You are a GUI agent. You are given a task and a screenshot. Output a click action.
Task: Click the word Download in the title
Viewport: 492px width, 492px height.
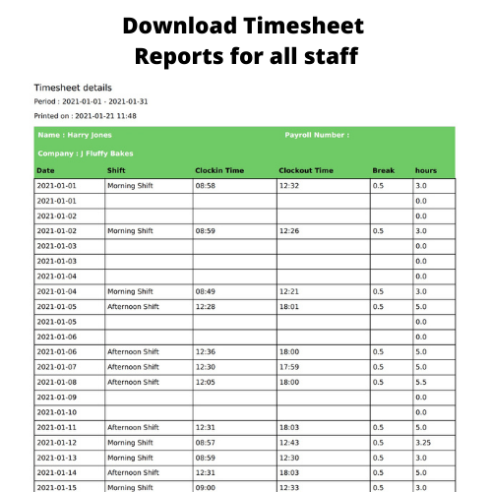point(185,24)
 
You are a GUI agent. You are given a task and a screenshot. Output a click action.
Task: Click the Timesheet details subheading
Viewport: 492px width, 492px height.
point(73,88)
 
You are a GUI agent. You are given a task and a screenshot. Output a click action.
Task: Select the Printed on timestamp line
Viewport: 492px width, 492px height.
point(85,116)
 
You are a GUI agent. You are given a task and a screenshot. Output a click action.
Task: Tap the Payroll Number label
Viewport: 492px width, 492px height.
point(316,135)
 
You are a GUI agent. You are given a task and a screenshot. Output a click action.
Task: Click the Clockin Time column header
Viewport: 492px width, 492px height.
point(219,170)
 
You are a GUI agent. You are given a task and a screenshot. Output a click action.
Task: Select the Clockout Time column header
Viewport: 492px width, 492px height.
point(306,170)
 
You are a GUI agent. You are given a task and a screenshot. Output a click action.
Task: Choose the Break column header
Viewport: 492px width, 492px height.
point(383,170)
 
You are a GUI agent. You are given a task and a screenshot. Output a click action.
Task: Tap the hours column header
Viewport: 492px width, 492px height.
point(425,170)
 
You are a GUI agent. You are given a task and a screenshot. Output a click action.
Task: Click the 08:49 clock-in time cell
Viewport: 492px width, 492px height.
point(206,291)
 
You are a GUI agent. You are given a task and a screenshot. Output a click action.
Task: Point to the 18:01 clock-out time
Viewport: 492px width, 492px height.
point(289,306)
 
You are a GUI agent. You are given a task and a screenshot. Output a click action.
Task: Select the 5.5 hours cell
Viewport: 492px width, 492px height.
point(421,382)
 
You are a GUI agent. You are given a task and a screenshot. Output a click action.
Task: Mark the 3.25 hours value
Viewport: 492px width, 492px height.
point(423,442)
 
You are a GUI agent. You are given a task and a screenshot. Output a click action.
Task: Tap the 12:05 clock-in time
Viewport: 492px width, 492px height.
point(206,382)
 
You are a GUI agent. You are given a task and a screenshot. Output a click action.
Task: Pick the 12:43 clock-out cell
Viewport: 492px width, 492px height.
point(289,442)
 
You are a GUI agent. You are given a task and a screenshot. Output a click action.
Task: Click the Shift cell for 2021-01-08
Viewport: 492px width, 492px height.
point(133,382)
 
